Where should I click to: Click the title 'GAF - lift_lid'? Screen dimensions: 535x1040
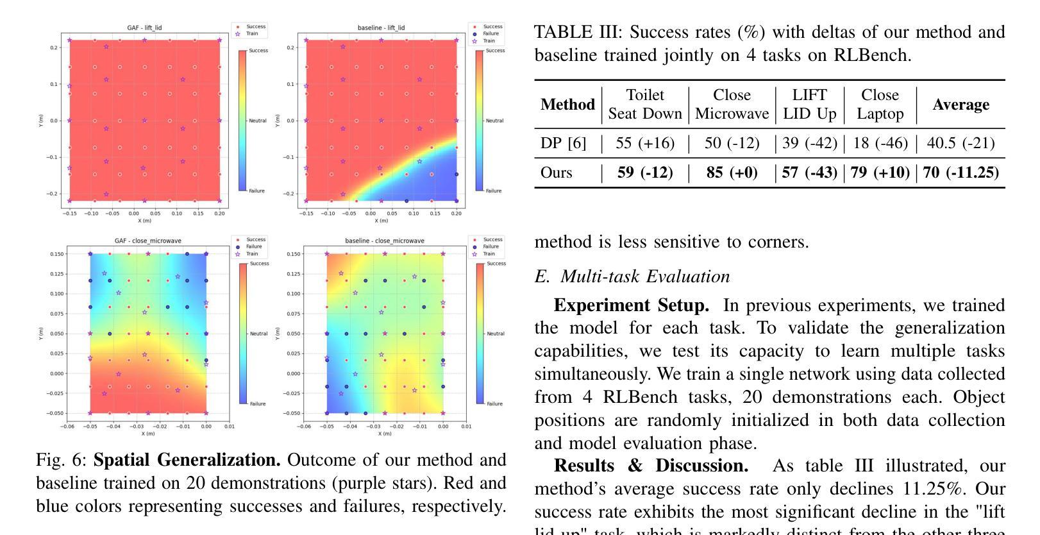click(144, 28)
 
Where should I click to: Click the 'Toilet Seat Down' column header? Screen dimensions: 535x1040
click(645, 105)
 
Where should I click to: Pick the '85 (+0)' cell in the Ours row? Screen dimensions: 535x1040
click(732, 173)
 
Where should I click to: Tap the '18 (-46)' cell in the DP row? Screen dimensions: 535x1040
click(880, 143)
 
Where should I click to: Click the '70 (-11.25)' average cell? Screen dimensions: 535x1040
click(960, 173)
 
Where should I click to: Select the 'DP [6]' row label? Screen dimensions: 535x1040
click(563, 143)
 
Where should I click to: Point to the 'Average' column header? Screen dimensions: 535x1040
click(960, 105)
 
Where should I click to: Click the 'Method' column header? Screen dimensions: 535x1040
click(567, 105)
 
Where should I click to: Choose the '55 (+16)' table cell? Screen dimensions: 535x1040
click(645, 143)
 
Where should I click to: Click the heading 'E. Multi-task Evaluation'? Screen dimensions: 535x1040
click(632, 276)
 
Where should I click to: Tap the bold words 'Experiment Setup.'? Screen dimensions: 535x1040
click(631, 305)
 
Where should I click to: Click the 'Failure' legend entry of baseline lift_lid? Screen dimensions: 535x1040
click(491, 33)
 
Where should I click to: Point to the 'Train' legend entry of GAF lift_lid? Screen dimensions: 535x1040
click(252, 33)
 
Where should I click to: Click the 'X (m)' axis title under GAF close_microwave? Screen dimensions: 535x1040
click(148, 434)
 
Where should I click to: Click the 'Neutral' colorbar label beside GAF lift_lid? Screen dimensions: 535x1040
click(258, 121)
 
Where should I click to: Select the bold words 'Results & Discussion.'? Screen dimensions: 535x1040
click(651, 466)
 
